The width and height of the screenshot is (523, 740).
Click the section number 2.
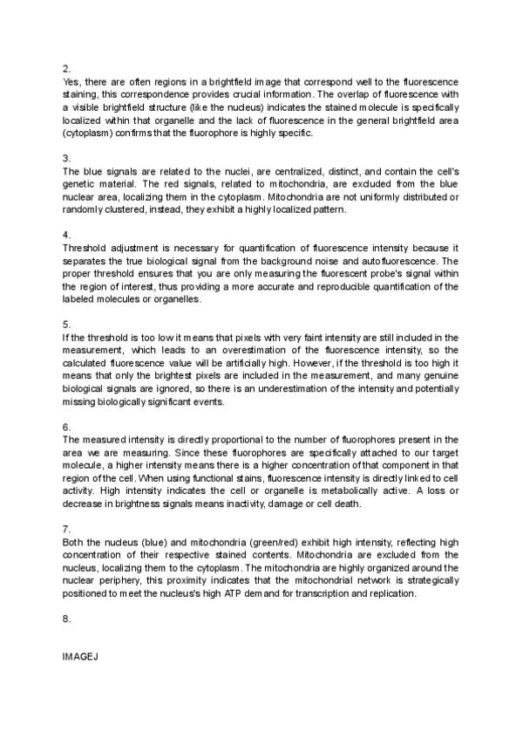pyautogui.click(x=66, y=67)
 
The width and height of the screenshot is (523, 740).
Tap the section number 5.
pyautogui.click(x=66, y=322)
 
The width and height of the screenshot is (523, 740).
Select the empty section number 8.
pyautogui.click(x=66, y=619)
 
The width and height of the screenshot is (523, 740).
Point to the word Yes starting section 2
pyautogui.click(x=73, y=80)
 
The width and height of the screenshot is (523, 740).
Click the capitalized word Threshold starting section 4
pyautogui.click(x=88, y=248)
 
